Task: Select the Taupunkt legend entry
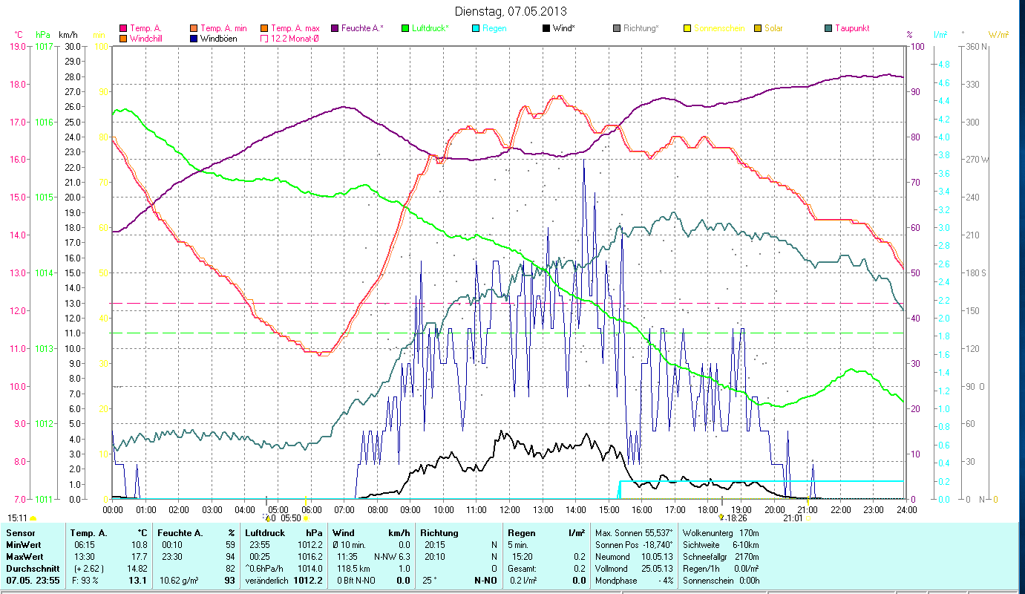(x=851, y=28)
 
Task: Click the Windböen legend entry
(x=218, y=38)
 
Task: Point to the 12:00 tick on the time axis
(x=510, y=509)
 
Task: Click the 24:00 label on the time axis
(x=906, y=509)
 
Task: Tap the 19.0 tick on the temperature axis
(x=18, y=46)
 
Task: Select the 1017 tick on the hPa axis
(x=43, y=46)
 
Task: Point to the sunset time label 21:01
(x=793, y=518)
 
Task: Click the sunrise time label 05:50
(x=291, y=518)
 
